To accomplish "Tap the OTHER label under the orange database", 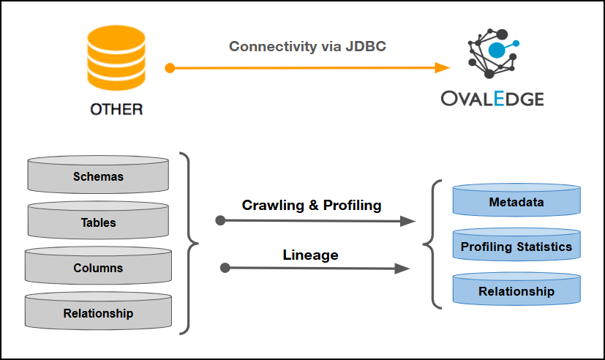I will pos(116,110).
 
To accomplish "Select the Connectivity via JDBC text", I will pos(307,47).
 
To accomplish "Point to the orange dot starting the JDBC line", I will pos(170,68).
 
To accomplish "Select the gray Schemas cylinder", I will pos(99,176).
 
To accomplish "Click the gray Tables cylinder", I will pos(99,222).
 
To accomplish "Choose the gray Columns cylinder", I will pos(99,268).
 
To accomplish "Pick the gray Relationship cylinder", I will pos(99,313).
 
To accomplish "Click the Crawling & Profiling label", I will pos(312,206).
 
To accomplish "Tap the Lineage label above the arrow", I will pos(310,255).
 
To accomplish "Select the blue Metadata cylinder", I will pos(516,202).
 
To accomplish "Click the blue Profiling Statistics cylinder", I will pos(516,247).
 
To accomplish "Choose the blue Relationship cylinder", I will pos(516,291).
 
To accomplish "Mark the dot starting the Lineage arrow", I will pos(225,269).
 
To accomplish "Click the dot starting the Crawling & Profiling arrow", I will pos(220,220).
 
